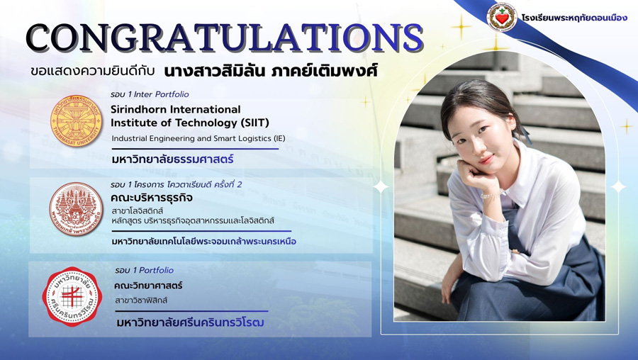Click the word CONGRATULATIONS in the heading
(225, 38)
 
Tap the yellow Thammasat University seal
(76, 120)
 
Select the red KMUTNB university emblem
(76, 209)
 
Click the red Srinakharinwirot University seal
(72, 296)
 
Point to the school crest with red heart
(502, 17)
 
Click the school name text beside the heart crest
(574, 18)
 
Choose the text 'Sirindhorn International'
(175, 109)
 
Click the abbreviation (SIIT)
(254, 123)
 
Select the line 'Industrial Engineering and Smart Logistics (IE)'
(198, 138)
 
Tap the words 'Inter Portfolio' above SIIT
(162, 94)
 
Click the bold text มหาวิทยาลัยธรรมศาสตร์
(172, 159)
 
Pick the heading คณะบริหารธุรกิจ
(152, 198)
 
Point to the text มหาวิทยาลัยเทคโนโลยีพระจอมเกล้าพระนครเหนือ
(204, 241)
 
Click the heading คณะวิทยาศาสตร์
(148, 286)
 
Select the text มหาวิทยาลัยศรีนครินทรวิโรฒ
(190, 322)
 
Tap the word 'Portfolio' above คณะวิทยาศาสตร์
(156, 270)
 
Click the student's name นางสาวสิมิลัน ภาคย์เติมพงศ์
(271, 71)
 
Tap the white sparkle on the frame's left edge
(381, 187)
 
